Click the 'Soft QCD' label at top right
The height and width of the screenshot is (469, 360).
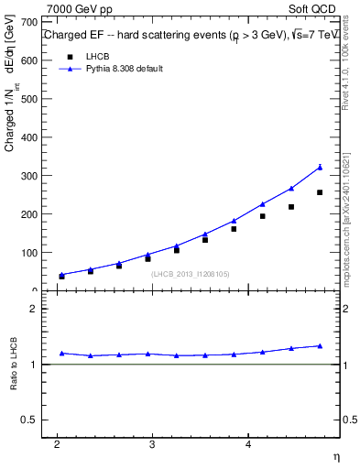pyautogui.click(x=314, y=8)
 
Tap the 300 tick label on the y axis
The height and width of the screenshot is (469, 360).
pyautogui.click(x=29, y=175)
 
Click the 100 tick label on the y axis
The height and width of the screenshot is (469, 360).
pyautogui.click(x=29, y=252)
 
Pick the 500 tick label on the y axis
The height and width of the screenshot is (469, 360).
pyautogui.click(x=29, y=98)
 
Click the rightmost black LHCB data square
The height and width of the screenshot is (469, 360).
pyautogui.click(x=320, y=192)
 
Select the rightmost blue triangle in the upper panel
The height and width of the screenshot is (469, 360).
pyautogui.click(x=320, y=167)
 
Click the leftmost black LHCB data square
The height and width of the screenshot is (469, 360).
pyautogui.click(x=61, y=276)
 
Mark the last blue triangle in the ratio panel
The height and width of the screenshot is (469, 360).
pyautogui.click(x=320, y=345)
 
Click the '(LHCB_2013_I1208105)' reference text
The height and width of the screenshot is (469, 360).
pyautogui.click(x=191, y=274)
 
